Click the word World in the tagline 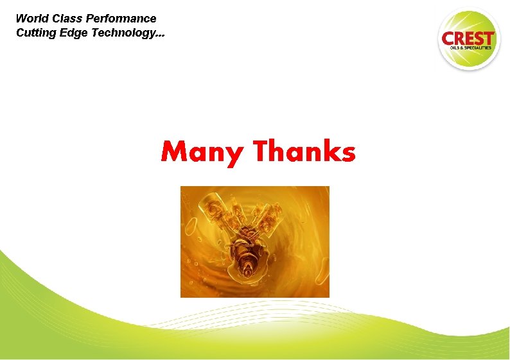(x=30, y=19)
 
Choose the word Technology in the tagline (x=123, y=33)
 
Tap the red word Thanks (x=304, y=152)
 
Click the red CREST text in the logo (x=468, y=38)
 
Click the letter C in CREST (x=448, y=38)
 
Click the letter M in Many (x=174, y=152)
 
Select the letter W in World (x=21, y=19)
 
